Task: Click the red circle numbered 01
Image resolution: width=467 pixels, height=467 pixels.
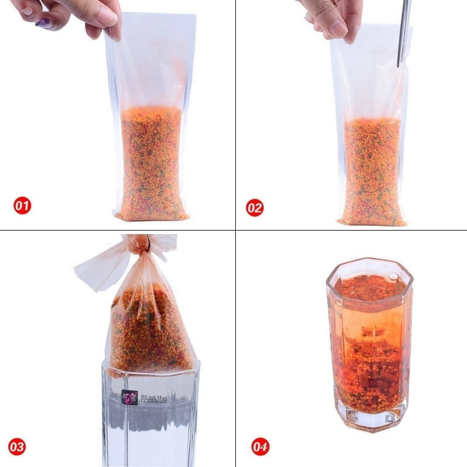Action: pyautogui.click(x=22, y=205)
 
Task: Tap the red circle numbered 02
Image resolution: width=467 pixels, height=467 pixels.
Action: pyautogui.click(x=255, y=208)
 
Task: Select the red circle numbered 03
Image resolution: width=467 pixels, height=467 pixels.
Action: pyautogui.click(x=17, y=447)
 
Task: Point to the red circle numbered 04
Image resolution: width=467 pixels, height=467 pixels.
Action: pyautogui.click(x=260, y=447)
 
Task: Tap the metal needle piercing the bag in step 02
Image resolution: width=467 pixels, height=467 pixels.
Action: pyautogui.click(x=404, y=33)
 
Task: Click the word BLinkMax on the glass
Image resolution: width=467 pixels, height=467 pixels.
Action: pyautogui.click(x=154, y=397)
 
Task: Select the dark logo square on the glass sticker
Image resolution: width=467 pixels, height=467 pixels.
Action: pyautogui.click(x=130, y=398)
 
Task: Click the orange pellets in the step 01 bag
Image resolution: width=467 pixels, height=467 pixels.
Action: pyautogui.click(x=152, y=164)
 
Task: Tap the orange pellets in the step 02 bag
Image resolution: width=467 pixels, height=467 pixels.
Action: pyautogui.click(x=372, y=171)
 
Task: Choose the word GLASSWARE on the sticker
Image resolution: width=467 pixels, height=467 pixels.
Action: pyautogui.click(x=154, y=402)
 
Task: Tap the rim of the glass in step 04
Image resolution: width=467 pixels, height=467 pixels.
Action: pyautogui.click(x=370, y=262)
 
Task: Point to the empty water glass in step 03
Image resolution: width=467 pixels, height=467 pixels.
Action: pyautogui.click(x=151, y=417)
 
